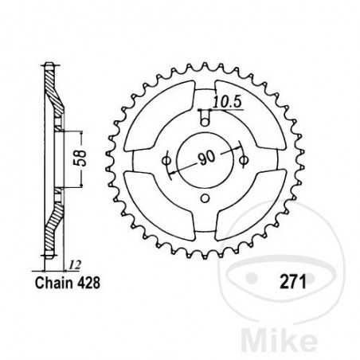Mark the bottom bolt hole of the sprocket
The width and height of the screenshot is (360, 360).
pos(205,198)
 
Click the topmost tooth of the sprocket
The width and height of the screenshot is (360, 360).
pos(205,66)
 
